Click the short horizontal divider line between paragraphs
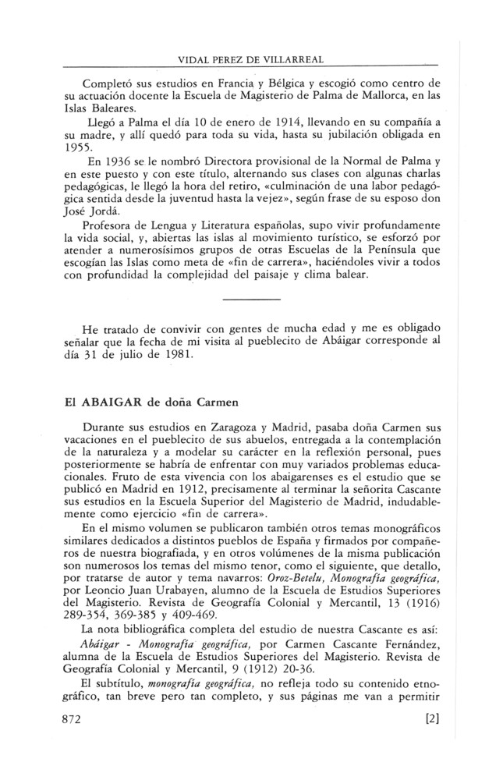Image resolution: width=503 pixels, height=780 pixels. click(x=250, y=299)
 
